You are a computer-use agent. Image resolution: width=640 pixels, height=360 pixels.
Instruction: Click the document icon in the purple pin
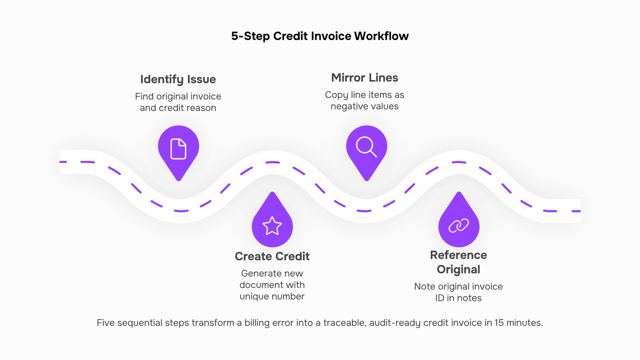[178, 148]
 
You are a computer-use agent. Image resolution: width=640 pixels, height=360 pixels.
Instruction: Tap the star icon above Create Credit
[272, 226]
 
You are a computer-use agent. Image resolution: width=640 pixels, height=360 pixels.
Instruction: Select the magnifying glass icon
[366, 147]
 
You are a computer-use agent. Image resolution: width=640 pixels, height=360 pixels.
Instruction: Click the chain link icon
[458, 226]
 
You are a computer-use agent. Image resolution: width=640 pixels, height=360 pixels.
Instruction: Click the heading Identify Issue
[178, 80]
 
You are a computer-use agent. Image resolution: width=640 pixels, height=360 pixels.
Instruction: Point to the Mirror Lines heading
[364, 78]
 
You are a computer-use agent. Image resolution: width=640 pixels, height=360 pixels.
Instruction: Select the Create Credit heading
[272, 256]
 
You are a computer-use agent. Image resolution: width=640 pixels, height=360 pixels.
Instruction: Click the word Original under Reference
[458, 270]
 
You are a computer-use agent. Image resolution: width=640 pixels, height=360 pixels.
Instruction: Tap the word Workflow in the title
[382, 36]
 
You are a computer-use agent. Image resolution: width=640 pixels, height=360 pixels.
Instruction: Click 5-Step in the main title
[250, 36]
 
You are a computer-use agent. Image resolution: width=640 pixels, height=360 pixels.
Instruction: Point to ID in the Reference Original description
[440, 298]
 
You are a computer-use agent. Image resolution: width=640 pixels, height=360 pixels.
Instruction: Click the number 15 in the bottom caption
[499, 323]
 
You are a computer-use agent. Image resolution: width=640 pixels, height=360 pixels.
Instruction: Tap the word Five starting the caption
[106, 323]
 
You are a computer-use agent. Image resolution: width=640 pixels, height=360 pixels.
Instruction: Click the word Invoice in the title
[331, 36]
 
